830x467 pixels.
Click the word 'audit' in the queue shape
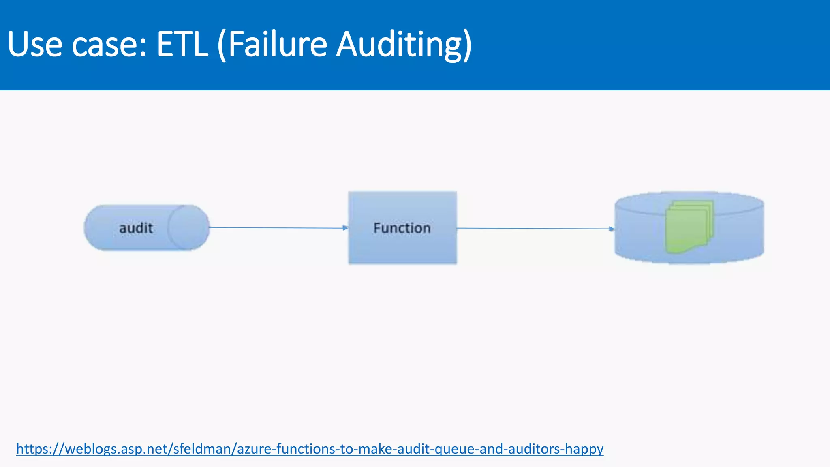[x=136, y=228]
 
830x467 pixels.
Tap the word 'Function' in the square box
[x=402, y=228]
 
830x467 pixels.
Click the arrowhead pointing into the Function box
[x=345, y=228]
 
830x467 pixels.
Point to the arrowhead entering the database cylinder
[x=612, y=229]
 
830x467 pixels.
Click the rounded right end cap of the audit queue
[x=189, y=227]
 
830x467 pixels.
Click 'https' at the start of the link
[x=32, y=449]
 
